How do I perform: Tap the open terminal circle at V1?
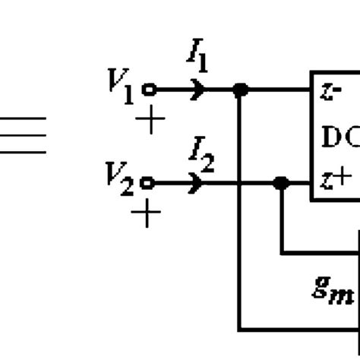tap(149, 90)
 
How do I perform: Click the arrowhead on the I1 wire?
tap(201, 90)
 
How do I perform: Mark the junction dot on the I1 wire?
tap(241, 90)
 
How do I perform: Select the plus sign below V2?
tap(146, 215)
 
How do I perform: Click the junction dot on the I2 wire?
tap(281, 183)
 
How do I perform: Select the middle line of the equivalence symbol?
tap(23, 135)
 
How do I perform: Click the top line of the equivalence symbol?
tap(23, 118)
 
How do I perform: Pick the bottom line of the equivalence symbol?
tap(23, 152)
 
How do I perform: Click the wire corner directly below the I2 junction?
tap(282, 252)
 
